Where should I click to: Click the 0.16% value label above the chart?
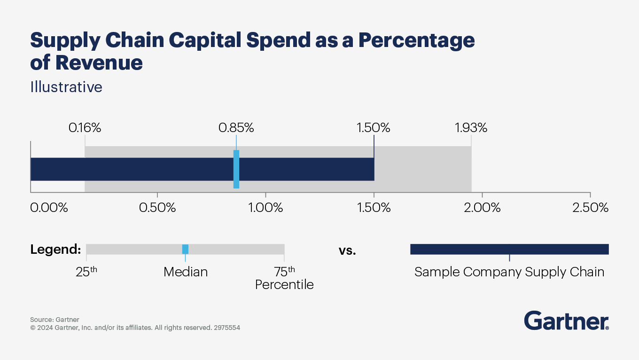(85, 128)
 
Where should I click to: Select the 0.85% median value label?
(236, 128)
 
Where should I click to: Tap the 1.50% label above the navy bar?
(373, 128)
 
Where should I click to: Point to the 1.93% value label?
(471, 128)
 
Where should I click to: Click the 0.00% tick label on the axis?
(49, 208)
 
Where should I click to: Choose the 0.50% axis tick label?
(157, 208)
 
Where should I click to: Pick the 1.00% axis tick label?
(265, 208)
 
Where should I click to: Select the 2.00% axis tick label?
(483, 208)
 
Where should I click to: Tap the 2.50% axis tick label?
(590, 208)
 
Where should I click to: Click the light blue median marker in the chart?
(236, 169)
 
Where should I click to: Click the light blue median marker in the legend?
(185, 249)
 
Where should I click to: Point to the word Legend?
(55, 250)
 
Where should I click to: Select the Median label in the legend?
(186, 272)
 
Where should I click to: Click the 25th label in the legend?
(86, 272)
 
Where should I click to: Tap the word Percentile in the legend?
(284, 285)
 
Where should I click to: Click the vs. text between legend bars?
(347, 250)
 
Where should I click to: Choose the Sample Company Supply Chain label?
(509, 272)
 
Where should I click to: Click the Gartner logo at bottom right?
(566, 321)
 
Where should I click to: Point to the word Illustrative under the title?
(66, 87)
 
